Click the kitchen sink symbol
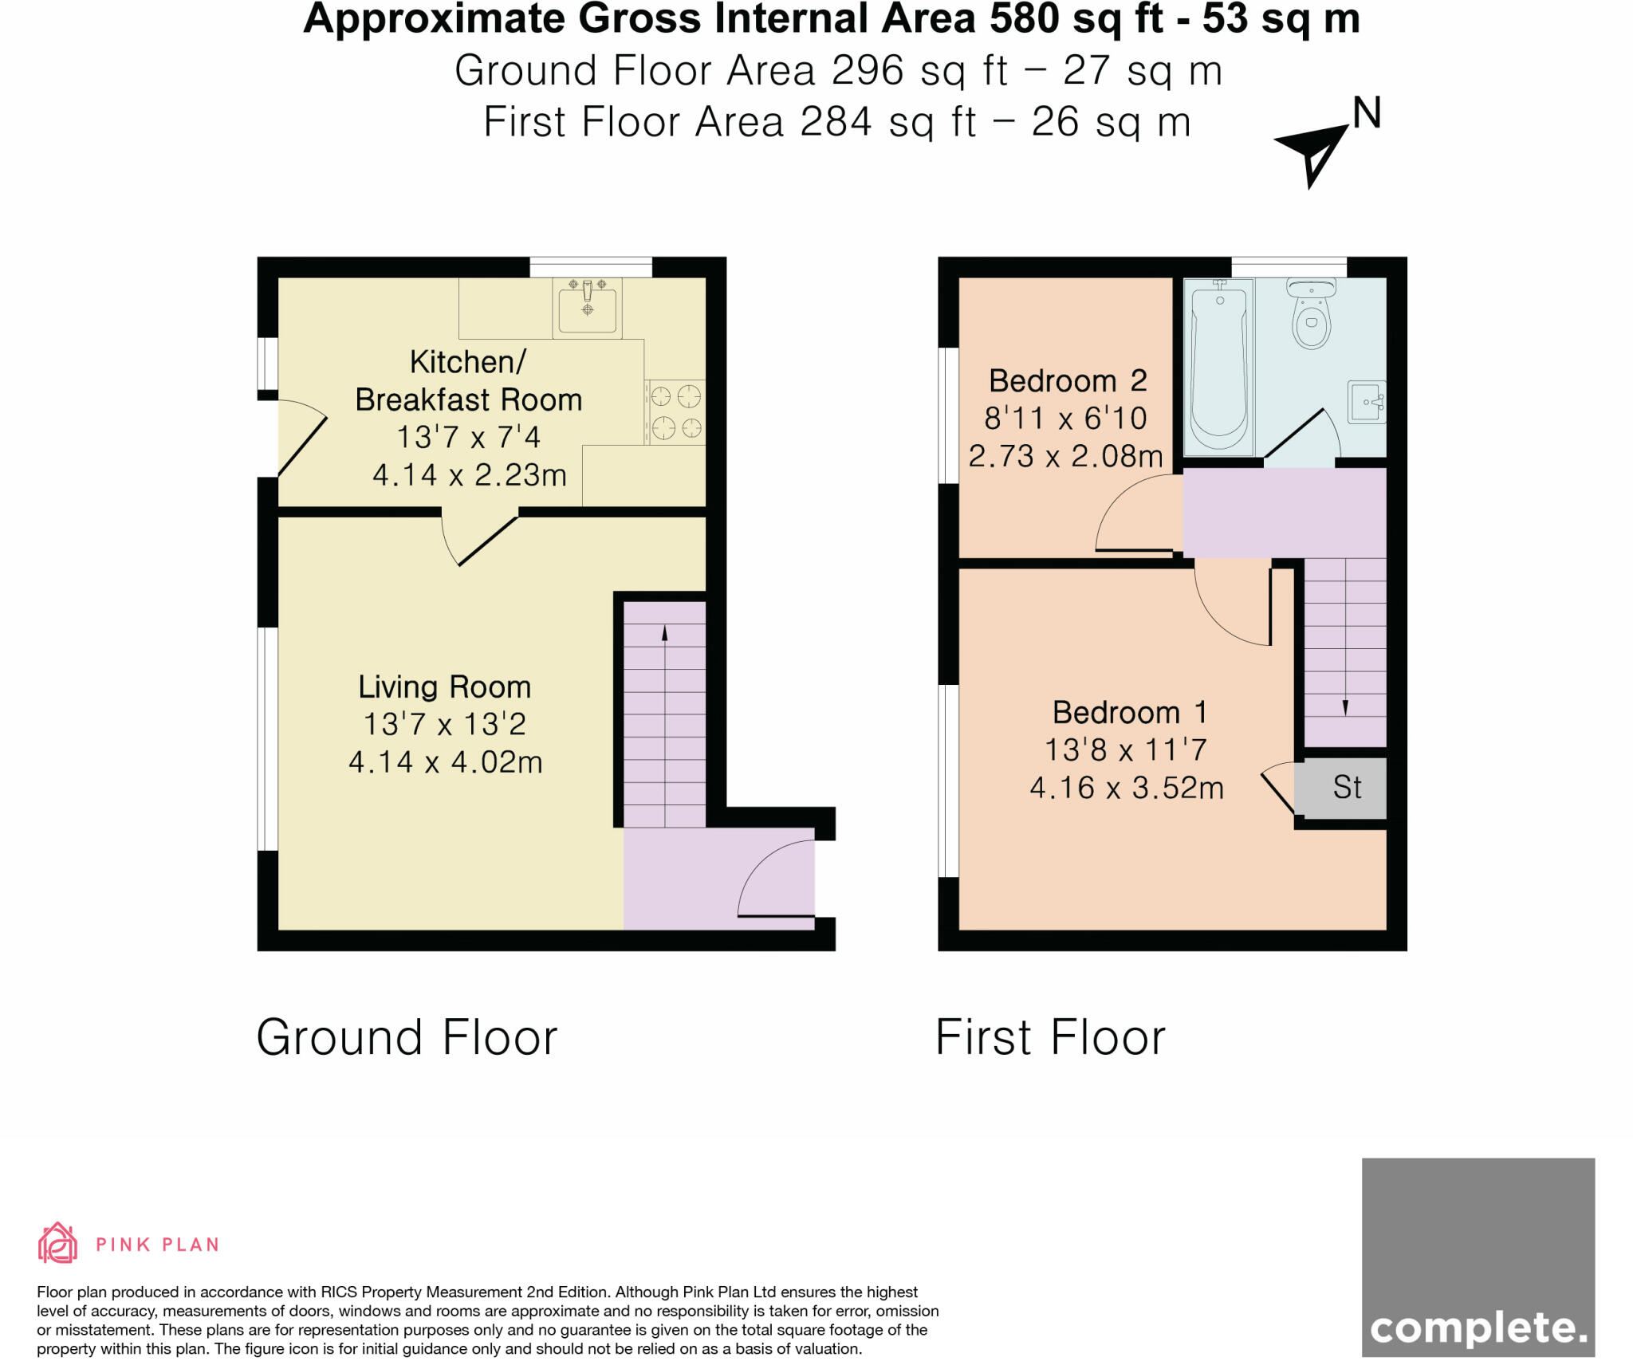click(x=588, y=309)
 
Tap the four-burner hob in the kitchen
click(x=675, y=411)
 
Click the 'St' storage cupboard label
click(x=1347, y=788)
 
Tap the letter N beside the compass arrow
click(x=1367, y=113)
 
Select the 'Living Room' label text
click(x=444, y=686)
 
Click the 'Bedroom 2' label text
click(x=1068, y=380)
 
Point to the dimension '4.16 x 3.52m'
click(x=1127, y=788)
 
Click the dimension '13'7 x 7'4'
click(x=469, y=437)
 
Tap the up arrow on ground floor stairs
click(x=664, y=634)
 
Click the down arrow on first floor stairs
click(x=1345, y=706)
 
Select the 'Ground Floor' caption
click(x=407, y=1037)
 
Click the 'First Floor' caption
click(x=1050, y=1037)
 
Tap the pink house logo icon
click(x=57, y=1243)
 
